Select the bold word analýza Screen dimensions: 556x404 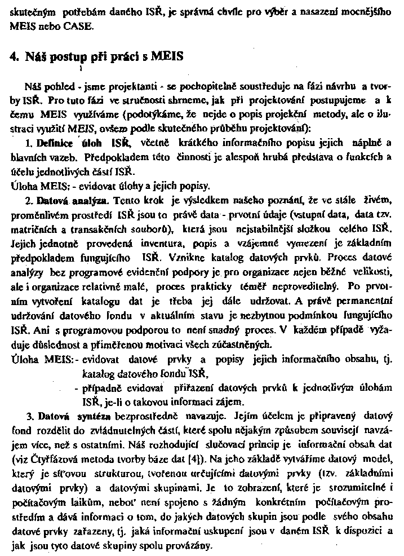click(92, 200)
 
